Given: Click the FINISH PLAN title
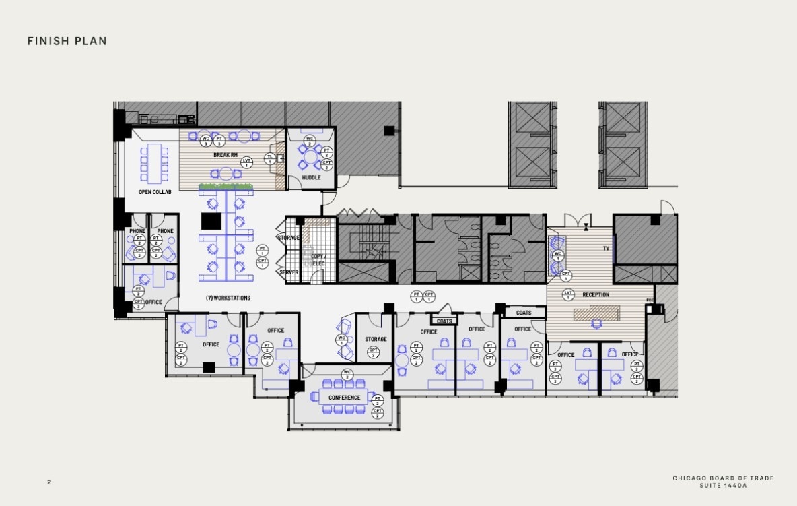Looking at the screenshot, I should click(x=67, y=42).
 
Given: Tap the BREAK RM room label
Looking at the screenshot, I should click(x=225, y=155).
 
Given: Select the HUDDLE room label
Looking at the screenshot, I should click(x=311, y=178).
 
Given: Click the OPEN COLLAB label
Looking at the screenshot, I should click(x=155, y=192).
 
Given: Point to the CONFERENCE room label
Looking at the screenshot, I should click(x=345, y=398).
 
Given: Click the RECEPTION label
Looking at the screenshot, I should click(x=596, y=294).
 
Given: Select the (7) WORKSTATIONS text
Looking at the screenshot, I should click(x=228, y=298).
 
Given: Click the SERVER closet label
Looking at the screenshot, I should click(x=289, y=272).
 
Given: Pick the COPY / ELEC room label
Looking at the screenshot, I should click(x=318, y=260).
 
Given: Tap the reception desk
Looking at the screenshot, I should click(x=596, y=313).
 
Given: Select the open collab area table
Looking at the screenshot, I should click(x=155, y=162).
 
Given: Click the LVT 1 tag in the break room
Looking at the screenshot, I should click(x=246, y=162).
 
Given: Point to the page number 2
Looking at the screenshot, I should click(x=49, y=482).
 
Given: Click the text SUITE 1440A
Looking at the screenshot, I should click(x=723, y=485).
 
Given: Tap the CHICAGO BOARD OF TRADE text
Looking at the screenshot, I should click(x=723, y=478).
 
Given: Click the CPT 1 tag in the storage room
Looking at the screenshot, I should click(x=373, y=351).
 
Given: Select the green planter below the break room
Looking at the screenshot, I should click(x=226, y=186).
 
